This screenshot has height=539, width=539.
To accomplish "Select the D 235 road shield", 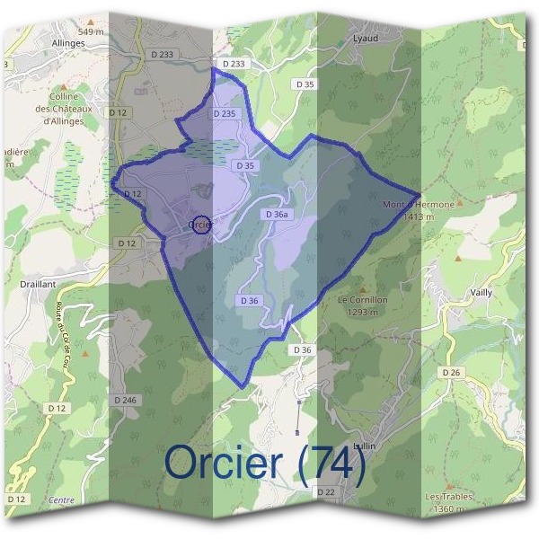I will tap(225, 114).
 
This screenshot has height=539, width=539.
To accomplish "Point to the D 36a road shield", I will tap(276, 215).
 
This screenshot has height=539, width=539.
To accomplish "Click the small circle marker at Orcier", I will tap(202, 225).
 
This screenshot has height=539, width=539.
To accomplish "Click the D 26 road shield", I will tap(450, 371).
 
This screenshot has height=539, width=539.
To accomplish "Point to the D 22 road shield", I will tap(325, 492).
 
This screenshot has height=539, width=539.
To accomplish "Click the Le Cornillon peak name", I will tap(362, 299).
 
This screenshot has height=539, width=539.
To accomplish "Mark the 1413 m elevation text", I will tap(419, 216).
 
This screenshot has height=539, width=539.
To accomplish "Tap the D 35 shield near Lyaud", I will tap(305, 84).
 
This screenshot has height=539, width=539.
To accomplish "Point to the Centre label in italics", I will tap(61, 499).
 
